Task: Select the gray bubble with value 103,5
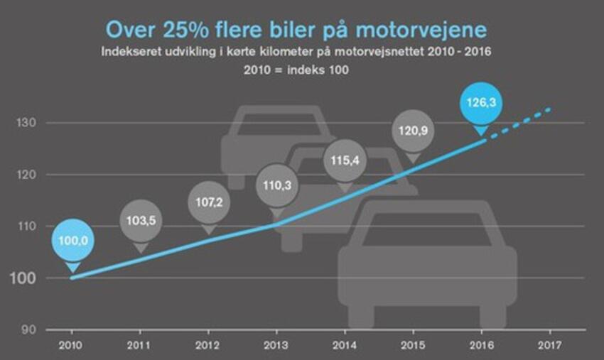(x=141, y=221)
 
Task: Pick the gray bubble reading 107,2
(x=209, y=202)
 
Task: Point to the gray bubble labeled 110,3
(x=277, y=185)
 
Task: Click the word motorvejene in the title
(x=426, y=29)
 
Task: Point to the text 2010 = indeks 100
(x=299, y=71)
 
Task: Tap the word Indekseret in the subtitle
(x=131, y=52)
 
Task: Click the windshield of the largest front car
(x=426, y=227)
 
